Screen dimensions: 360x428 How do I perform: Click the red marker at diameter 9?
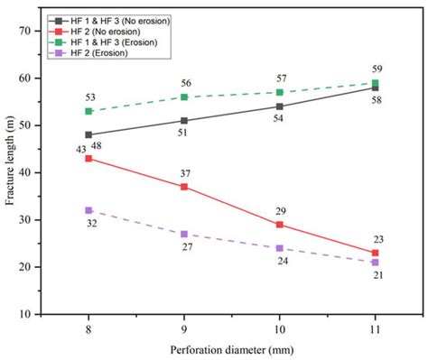coord(184,187)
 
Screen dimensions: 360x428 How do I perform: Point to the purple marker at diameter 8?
coord(88,210)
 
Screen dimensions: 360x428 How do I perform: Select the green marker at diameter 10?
coord(280,92)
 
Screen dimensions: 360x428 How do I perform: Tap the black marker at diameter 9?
coord(184,120)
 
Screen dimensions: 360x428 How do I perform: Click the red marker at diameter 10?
coord(280,225)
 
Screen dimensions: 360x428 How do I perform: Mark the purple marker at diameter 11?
coord(376,263)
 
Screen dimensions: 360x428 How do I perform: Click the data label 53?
coord(88,97)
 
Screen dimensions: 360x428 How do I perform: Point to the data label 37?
coord(184,173)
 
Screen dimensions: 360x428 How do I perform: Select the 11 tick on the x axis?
coord(376,328)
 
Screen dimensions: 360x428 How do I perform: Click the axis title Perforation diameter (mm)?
coord(232,349)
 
